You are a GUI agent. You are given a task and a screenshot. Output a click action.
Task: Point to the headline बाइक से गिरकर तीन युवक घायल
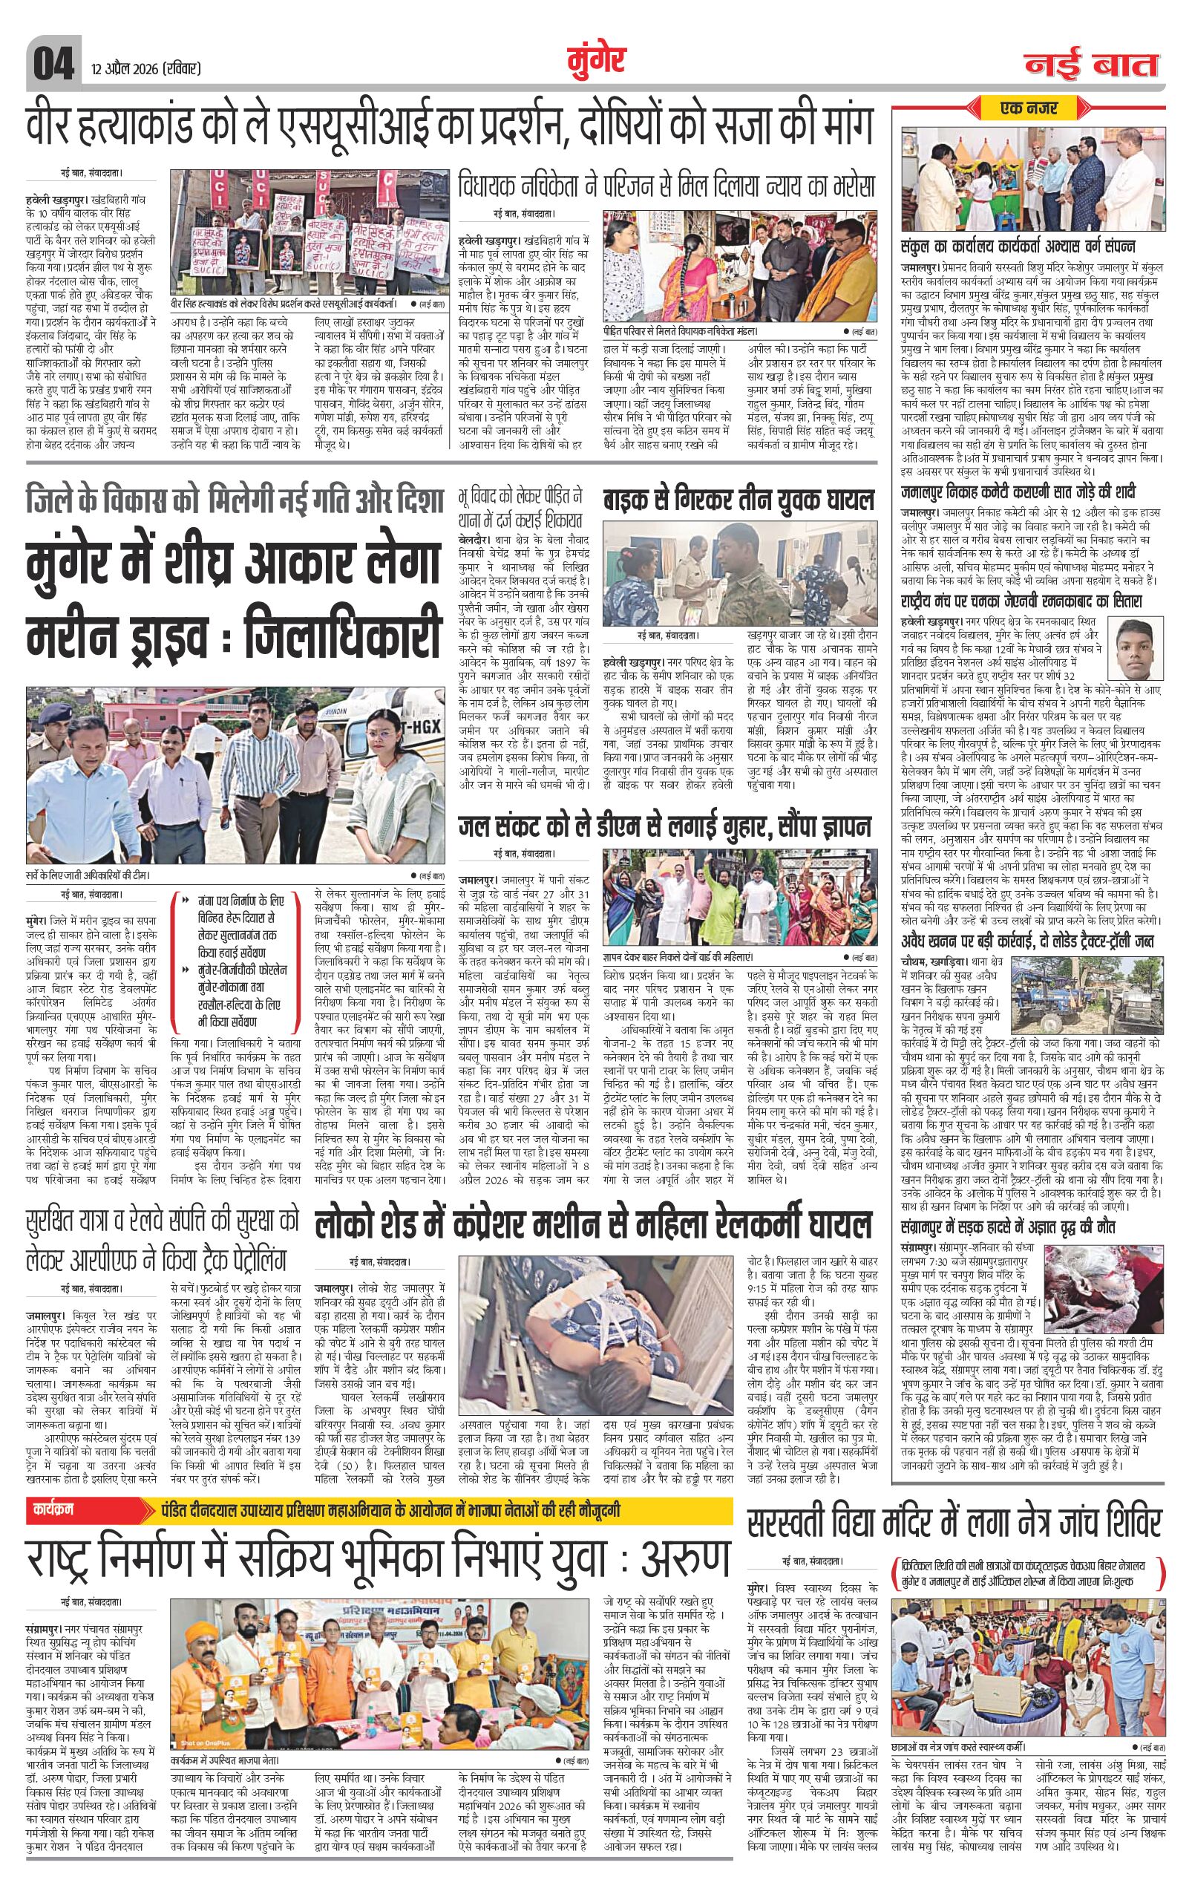click(x=739, y=500)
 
